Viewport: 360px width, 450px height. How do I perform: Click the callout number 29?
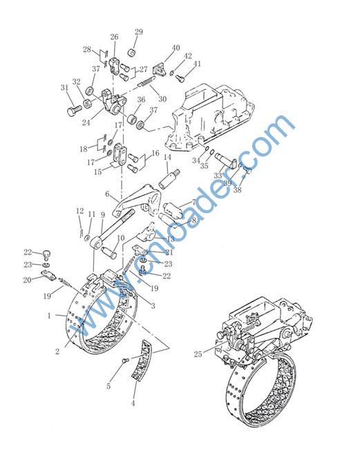point(139,32)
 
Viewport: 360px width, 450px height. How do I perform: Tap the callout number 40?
point(176,48)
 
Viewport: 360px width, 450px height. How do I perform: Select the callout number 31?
point(65,87)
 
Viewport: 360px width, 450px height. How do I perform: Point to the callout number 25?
point(198,354)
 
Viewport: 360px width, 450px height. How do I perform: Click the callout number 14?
point(167,157)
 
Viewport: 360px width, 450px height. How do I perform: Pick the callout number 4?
point(133,403)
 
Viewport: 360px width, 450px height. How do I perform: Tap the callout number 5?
point(108,386)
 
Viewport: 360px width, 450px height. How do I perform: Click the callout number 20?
point(27,279)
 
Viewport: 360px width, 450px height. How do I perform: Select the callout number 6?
point(107,194)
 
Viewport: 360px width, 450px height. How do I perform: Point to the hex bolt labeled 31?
point(75,110)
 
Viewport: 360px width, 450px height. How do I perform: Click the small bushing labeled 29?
point(132,53)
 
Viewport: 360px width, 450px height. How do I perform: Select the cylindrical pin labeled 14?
point(169,179)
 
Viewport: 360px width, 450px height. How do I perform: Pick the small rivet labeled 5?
point(125,359)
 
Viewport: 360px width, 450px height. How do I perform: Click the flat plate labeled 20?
point(49,275)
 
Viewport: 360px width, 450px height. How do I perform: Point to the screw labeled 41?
point(180,78)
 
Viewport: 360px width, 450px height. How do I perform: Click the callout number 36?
point(141,100)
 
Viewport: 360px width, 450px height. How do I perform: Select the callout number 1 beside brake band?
point(49,316)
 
